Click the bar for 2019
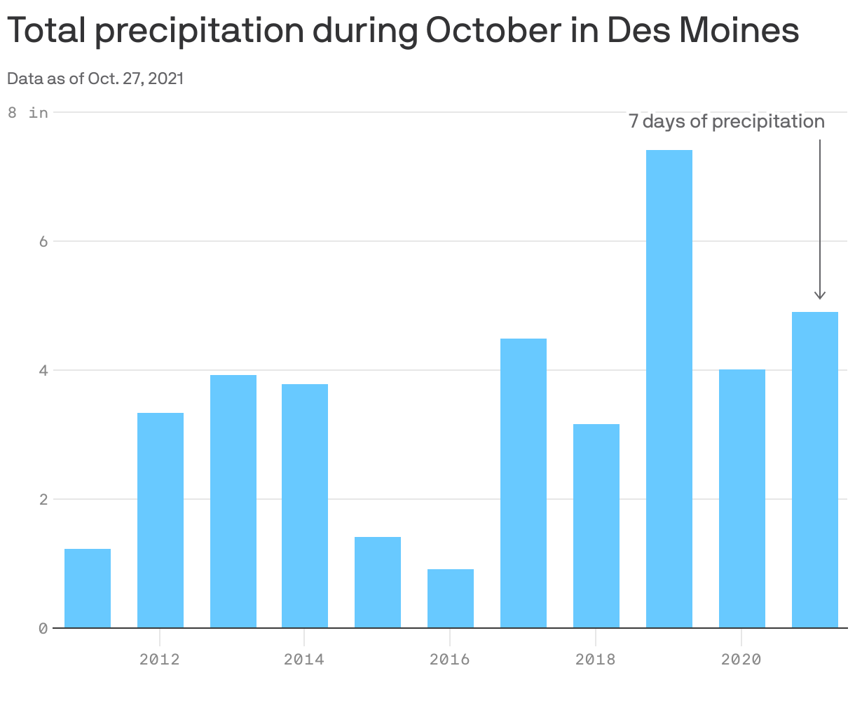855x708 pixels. point(669,389)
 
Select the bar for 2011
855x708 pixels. point(88,588)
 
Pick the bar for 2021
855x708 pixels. point(814,470)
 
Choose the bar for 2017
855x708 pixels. point(524,483)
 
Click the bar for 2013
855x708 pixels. point(233,501)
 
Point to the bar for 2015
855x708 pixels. point(378,582)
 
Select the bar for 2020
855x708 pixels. point(741,498)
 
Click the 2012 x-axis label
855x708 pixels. point(160,660)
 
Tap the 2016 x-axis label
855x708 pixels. point(449,660)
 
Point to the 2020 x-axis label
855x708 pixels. point(741,660)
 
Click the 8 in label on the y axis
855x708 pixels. point(28,112)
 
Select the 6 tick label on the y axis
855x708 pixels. point(43,241)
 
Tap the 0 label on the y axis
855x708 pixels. point(43,628)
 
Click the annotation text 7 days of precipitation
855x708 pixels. point(726,122)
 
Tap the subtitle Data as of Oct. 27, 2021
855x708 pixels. point(95,79)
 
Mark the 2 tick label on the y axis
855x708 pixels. point(43,500)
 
